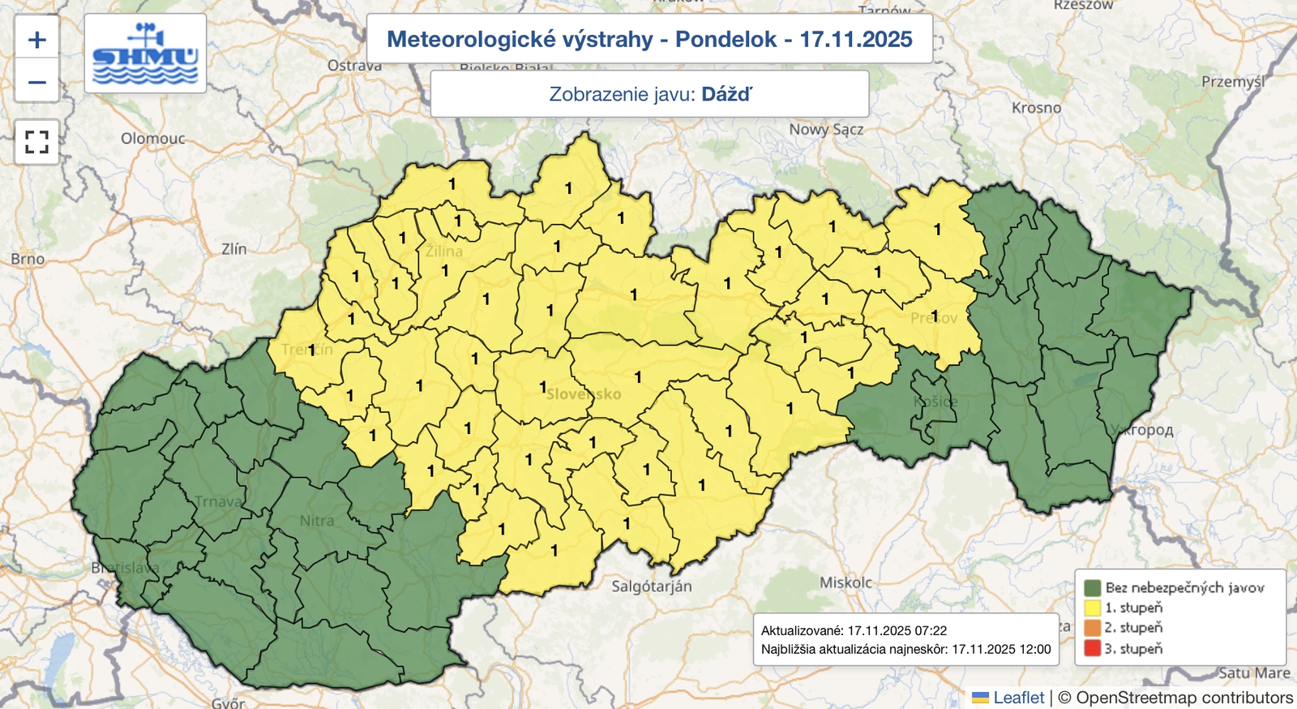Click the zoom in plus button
36,39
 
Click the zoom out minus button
36,82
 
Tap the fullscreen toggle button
36,142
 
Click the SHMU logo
145,54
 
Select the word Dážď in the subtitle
726,94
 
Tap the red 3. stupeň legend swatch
1092,648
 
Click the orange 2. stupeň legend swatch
1092,628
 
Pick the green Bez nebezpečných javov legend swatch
1092,587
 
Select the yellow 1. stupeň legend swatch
1092,608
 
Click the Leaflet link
1018,698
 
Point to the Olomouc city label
152,139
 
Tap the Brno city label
28,259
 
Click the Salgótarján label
652,586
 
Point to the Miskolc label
845,582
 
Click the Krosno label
1036,108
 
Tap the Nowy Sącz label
826,129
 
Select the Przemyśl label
1232,82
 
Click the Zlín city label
233,249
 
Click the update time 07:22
931,630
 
